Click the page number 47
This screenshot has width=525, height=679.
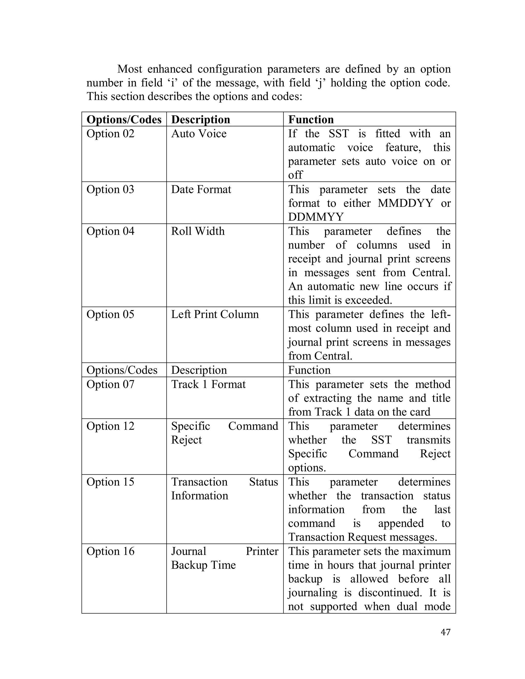click(445, 632)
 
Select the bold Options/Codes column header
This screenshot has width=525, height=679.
click(124, 120)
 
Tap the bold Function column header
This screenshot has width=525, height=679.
click(311, 120)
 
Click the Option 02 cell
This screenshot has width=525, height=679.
click(110, 134)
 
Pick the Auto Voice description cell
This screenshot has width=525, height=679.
click(199, 134)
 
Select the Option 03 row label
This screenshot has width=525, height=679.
click(110, 189)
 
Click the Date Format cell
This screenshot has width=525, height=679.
click(201, 189)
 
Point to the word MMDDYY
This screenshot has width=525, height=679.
click(405, 203)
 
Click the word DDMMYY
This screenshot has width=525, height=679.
click(316, 217)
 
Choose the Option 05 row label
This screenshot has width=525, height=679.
click(110, 314)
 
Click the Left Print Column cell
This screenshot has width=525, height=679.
click(215, 314)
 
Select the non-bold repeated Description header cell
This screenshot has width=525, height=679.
click(199, 370)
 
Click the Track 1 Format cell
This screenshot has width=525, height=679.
click(208, 384)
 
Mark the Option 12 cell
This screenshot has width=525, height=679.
click(110, 426)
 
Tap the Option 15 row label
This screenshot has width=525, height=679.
click(110, 482)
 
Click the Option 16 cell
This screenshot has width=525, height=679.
click(110, 551)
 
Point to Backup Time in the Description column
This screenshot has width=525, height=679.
click(203, 565)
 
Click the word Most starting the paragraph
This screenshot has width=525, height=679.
click(129, 69)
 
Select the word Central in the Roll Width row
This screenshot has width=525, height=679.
click(431, 273)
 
